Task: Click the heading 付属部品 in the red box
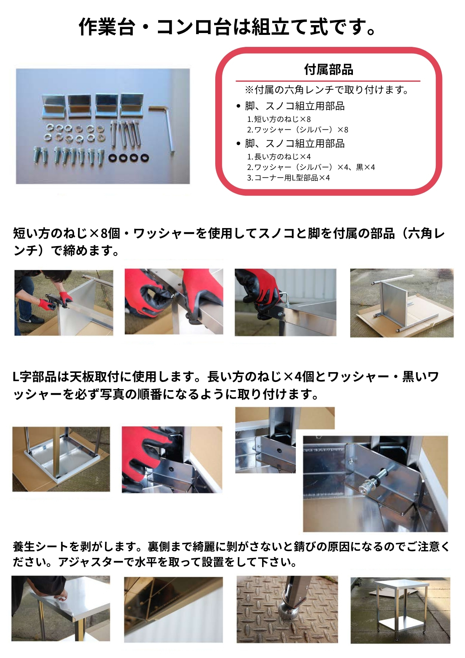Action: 328,70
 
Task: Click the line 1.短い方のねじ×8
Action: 279,119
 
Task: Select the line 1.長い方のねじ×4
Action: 279,157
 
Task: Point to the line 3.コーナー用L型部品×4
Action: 288,178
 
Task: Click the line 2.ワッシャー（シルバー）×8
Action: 297,130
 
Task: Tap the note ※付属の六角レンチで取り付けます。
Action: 326,90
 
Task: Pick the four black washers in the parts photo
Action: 129,158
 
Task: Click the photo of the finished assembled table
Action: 400,610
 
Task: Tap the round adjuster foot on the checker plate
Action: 288,611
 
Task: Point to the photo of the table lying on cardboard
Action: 402,303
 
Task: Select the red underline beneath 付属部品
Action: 328,81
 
